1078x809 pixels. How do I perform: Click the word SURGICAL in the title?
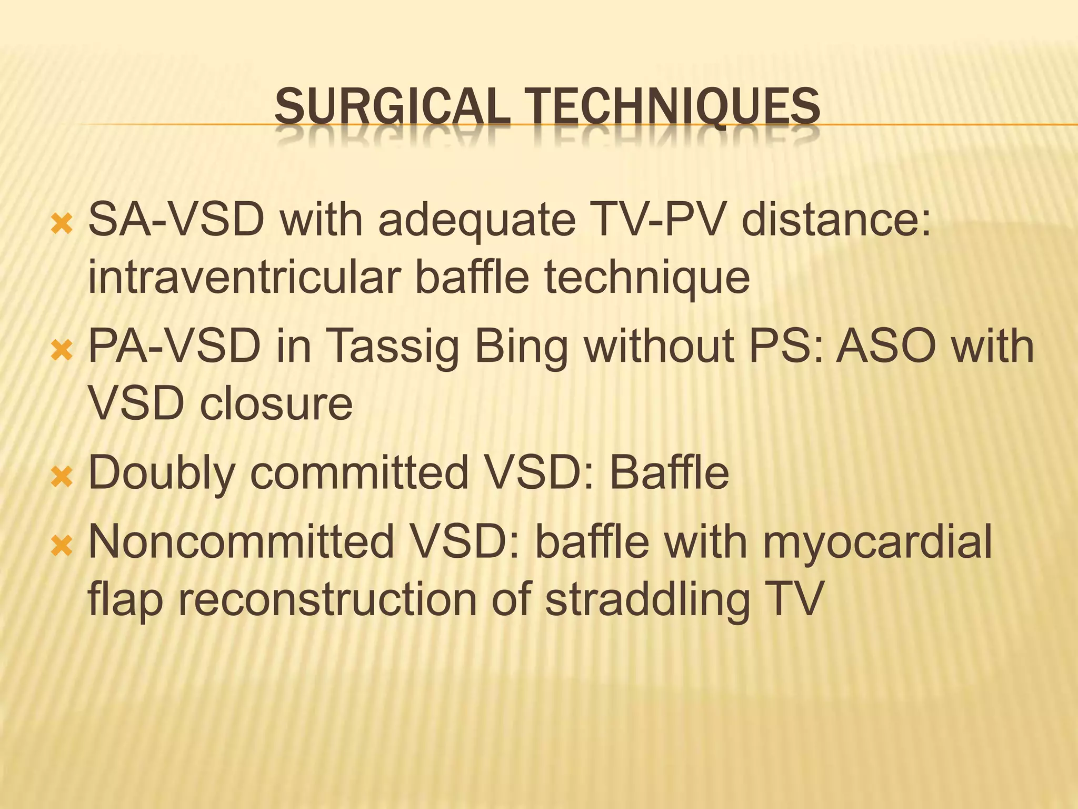pos(392,107)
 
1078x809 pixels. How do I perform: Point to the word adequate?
pos(476,220)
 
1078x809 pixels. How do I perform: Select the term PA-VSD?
pos(174,346)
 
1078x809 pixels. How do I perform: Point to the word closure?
pos(276,404)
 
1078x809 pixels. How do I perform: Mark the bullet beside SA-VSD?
pos(61,224)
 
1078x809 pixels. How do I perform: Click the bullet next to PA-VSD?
pos(61,350)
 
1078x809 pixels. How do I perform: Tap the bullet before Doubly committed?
pos(61,477)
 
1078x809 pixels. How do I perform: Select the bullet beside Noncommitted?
pos(61,547)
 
